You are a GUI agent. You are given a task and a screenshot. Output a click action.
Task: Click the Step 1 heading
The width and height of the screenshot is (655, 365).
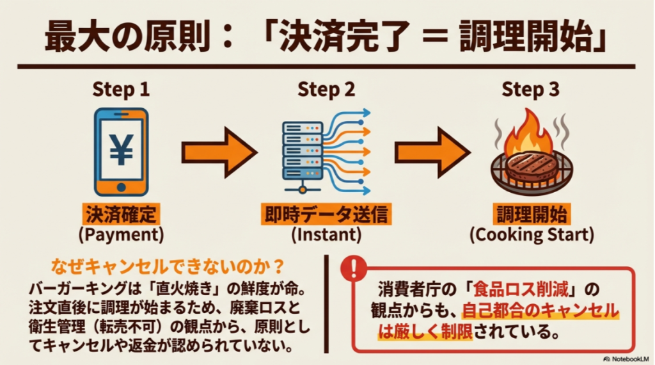pos(121,90)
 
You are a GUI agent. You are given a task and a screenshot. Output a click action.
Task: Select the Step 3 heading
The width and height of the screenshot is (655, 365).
pos(531,90)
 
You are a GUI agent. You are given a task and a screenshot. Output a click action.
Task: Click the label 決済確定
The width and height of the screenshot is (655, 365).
pos(121,214)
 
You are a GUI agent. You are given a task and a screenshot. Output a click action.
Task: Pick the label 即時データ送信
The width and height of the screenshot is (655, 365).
pos(326,214)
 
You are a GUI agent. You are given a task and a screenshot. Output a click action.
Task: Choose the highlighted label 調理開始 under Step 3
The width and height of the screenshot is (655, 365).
pos(531,214)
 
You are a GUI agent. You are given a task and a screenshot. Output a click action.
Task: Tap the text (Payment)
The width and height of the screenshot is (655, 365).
pos(121,234)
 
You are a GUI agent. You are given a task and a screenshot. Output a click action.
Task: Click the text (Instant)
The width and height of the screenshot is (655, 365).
pos(326,234)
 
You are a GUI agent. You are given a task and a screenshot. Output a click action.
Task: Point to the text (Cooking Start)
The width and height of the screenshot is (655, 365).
pos(531,234)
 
